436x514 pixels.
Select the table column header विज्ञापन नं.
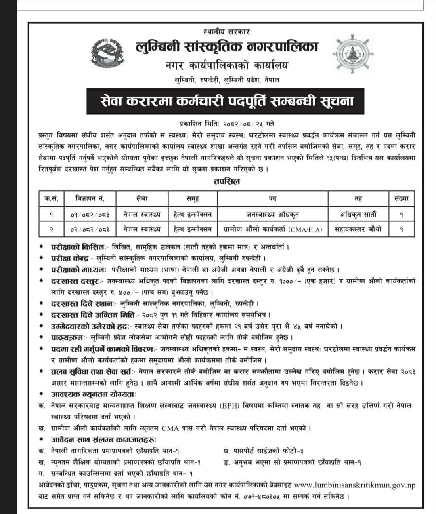(x=90, y=198)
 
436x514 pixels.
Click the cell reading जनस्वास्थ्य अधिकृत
(x=272, y=214)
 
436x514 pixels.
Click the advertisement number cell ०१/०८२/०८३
(x=90, y=214)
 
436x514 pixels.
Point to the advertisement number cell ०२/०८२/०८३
(x=90, y=229)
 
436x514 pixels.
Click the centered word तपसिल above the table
(x=227, y=181)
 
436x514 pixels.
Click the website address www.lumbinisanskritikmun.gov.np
(x=355, y=485)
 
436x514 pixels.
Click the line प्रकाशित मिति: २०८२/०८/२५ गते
(x=227, y=123)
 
